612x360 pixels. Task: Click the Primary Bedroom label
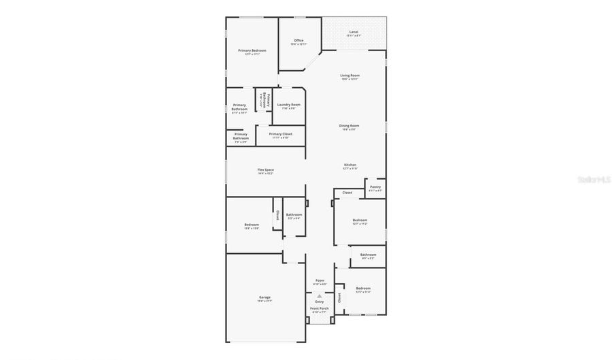252,51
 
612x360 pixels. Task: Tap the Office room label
299,40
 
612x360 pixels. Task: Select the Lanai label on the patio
354,32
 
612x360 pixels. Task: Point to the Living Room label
350,76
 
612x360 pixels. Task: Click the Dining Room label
350,126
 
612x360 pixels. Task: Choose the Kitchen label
350,165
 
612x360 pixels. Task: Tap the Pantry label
375,187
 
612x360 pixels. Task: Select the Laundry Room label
288,105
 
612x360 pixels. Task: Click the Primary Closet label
280,134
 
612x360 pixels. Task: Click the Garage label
265,297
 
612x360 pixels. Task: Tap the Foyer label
319,280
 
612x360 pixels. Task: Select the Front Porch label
319,308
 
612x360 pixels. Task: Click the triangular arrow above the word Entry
319,295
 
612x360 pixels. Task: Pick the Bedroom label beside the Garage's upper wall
252,225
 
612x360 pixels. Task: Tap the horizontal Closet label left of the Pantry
347,193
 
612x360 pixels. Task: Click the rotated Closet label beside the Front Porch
339,297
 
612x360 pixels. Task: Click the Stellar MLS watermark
592,180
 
